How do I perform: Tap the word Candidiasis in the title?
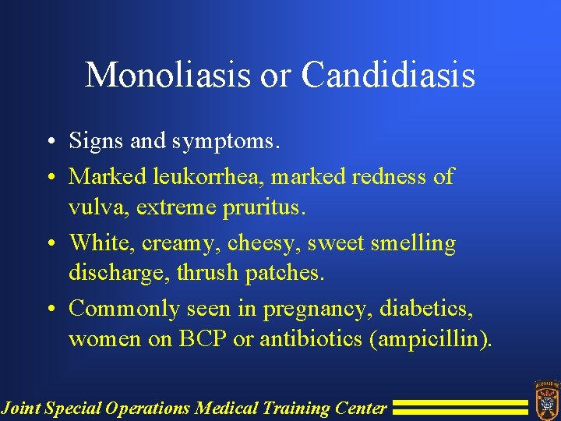[388, 76]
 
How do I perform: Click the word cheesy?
[263, 244]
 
